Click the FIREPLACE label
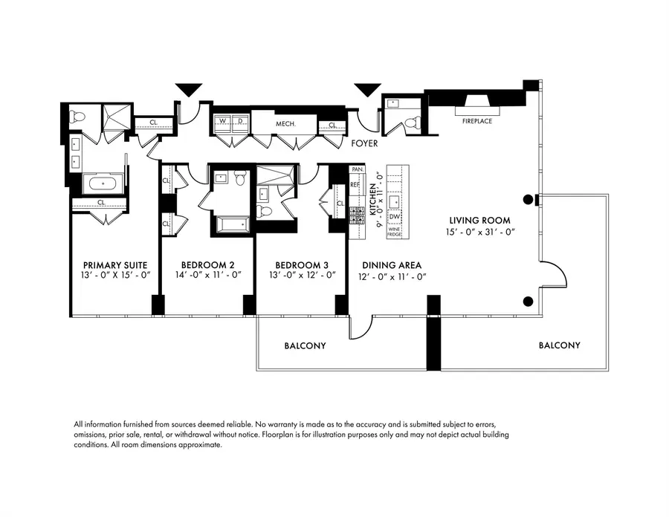[x=477, y=120]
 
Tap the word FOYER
[x=365, y=143]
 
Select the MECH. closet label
[x=286, y=124]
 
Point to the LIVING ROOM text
[x=479, y=220]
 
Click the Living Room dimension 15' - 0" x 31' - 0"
[x=479, y=232]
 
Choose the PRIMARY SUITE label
[x=115, y=264]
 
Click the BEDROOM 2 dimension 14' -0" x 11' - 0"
[x=198, y=275]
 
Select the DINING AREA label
[x=392, y=265]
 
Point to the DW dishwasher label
[x=395, y=216]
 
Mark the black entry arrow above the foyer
[x=367, y=90]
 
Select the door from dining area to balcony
[x=361, y=325]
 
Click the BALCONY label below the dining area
[x=305, y=346]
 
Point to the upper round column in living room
[x=529, y=199]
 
